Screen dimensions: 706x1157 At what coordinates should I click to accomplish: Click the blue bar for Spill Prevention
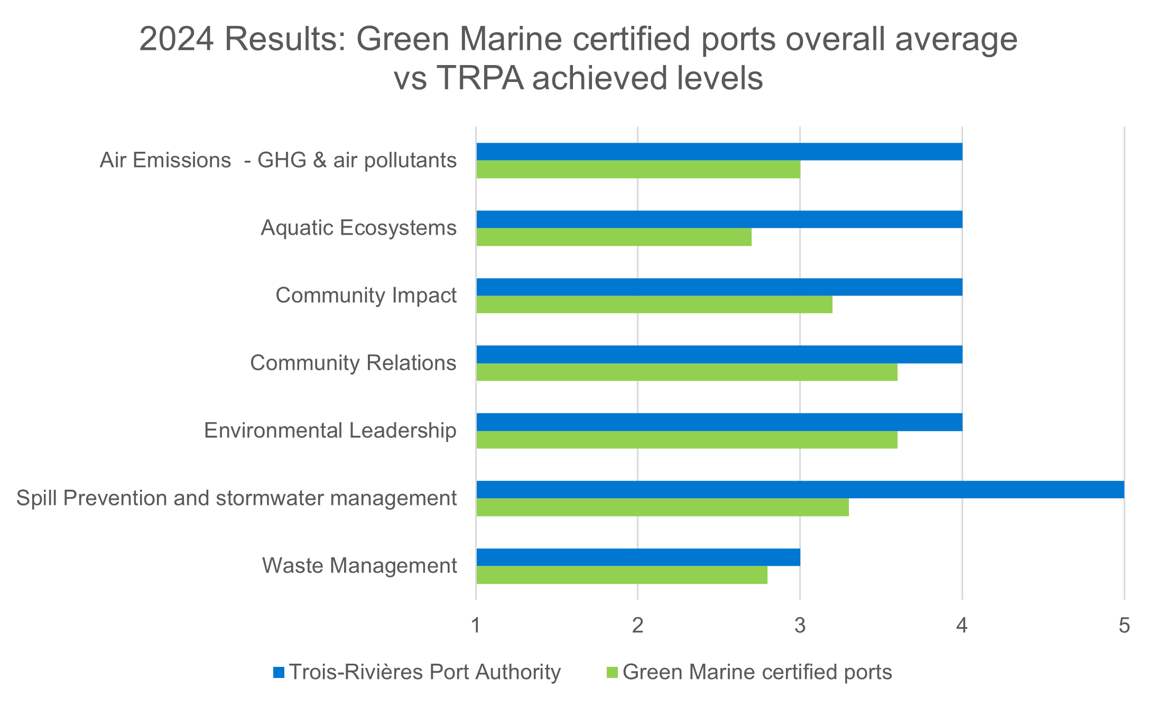coord(800,490)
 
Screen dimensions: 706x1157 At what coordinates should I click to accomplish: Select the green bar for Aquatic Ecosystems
coord(614,237)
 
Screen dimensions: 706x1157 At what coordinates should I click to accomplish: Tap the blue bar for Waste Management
coord(638,557)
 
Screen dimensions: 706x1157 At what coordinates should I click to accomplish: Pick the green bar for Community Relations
coord(687,372)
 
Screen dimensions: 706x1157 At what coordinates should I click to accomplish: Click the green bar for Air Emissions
coord(638,169)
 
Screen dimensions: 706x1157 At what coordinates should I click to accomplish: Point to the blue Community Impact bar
coord(719,287)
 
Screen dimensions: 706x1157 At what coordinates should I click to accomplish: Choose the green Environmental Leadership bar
coord(687,439)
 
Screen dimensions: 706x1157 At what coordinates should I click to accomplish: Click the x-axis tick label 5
coord(1124,626)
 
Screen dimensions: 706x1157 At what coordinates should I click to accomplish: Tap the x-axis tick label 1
coord(476,626)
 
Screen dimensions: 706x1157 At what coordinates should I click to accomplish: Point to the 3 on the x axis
coord(800,626)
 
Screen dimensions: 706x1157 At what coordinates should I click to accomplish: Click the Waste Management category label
coord(359,566)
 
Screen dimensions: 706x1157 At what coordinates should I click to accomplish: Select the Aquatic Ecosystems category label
coord(358,228)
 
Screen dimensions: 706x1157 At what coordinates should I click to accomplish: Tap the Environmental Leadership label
coord(330,430)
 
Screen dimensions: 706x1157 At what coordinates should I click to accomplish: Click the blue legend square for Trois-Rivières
coord(279,673)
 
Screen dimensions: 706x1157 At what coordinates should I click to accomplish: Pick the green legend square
coord(612,673)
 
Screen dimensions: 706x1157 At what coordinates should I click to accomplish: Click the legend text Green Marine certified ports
coord(757,672)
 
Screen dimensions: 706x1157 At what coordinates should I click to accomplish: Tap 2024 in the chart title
coord(177,40)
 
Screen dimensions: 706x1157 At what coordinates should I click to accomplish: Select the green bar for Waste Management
coord(622,575)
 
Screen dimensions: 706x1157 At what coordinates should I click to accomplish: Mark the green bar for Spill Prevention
coord(662,507)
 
